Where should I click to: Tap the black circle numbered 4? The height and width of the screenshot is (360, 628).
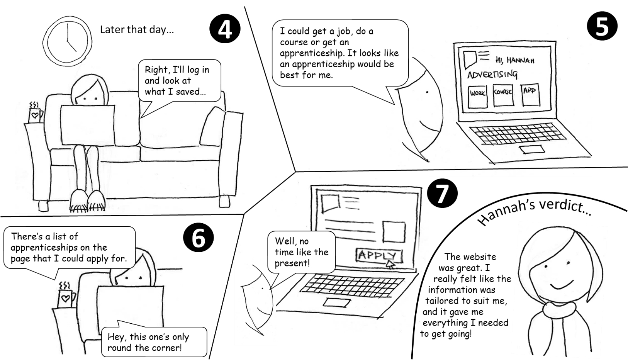(225, 29)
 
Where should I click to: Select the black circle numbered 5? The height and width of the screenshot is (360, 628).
(602, 26)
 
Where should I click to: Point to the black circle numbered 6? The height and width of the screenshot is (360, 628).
(198, 238)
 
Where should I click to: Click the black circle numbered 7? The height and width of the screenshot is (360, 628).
(442, 193)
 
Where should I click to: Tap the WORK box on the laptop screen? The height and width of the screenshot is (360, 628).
(477, 95)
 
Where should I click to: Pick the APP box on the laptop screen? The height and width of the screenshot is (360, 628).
(529, 94)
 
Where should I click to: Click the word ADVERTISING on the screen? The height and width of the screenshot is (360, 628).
(492, 74)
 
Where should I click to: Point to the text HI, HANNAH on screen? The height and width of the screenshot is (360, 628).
(515, 60)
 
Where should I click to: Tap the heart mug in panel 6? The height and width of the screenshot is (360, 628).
(66, 297)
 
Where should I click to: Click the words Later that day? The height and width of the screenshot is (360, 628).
(137, 30)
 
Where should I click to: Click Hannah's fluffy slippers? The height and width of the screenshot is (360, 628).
(88, 201)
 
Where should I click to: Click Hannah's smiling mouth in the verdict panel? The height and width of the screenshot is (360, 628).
(562, 285)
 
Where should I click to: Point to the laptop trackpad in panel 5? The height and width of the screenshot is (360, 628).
(531, 149)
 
